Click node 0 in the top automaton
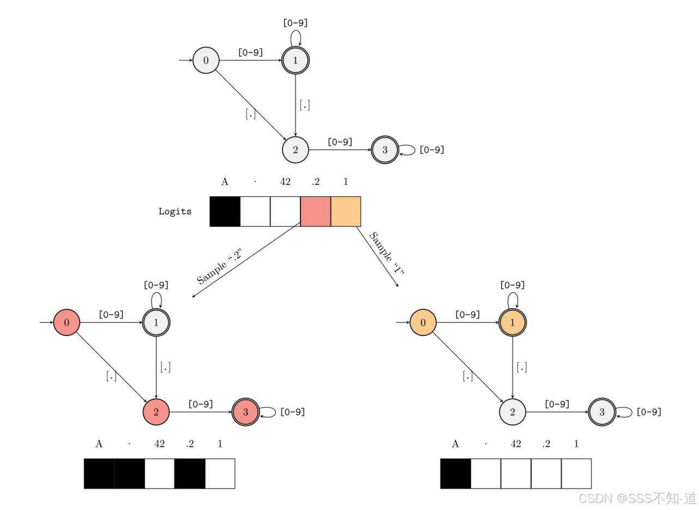point(206,60)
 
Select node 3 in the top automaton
point(385,150)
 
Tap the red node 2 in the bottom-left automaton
point(156,412)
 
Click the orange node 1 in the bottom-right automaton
point(513,322)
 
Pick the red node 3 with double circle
point(245,412)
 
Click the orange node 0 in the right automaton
point(423,322)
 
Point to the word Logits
point(175,212)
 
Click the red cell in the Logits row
point(315,212)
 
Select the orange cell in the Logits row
point(346,212)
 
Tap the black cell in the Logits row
point(225,212)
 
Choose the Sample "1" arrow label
point(387,253)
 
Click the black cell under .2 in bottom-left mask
point(190,473)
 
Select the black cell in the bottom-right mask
point(455,473)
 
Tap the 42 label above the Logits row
point(285,182)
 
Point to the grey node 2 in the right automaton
point(513,412)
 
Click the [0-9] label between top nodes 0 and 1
point(250,52)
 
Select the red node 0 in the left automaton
point(67,322)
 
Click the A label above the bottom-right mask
point(455,444)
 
